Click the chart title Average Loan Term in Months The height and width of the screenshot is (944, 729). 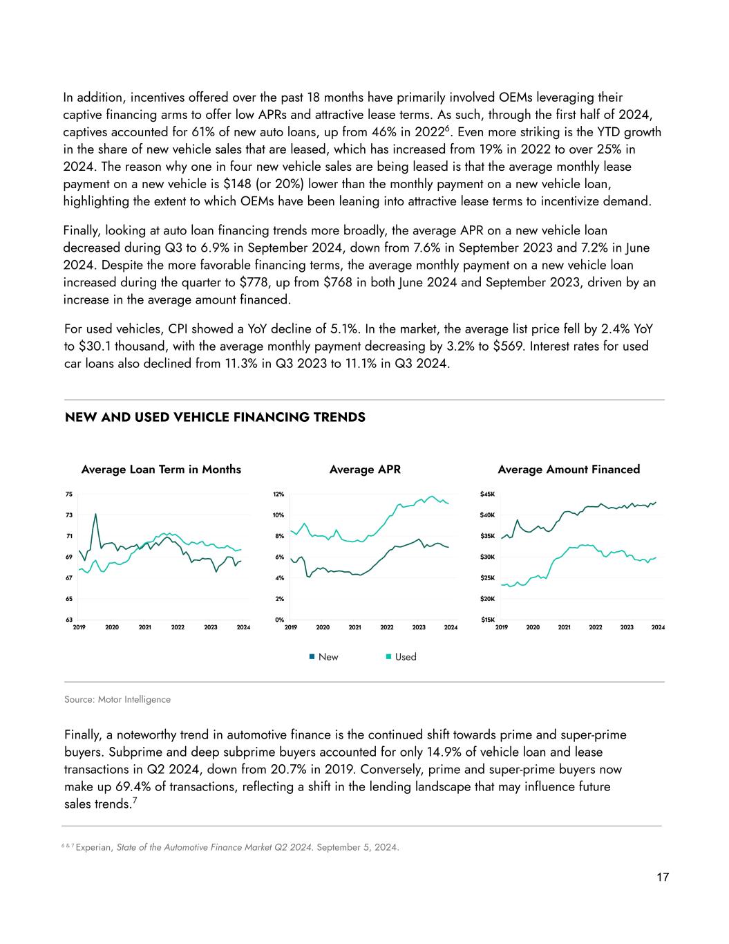[x=161, y=470]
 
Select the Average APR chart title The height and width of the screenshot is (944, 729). [x=365, y=470]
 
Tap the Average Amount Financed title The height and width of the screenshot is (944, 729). [x=569, y=470]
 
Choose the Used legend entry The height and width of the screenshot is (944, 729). [x=405, y=657]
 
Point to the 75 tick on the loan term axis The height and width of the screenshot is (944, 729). [x=69, y=494]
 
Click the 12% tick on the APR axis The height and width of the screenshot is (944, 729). [x=278, y=494]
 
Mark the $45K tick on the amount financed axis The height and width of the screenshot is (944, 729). [x=487, y=494]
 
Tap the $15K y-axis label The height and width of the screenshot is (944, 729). [x=487, y=620]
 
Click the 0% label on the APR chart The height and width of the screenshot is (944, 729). [x=279, y=620]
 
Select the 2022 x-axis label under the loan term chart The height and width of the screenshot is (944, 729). [x=178, y=628]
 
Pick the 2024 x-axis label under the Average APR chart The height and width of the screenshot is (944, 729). [x=451, y=628]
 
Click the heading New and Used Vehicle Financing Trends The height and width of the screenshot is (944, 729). [x=215, y=418]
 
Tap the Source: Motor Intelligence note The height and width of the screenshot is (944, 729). [x=117, y=700]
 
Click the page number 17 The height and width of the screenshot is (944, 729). [x=663, y=878]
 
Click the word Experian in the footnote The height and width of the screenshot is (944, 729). [x=94, y=848]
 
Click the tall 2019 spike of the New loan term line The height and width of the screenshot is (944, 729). [x=95, y=514]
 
